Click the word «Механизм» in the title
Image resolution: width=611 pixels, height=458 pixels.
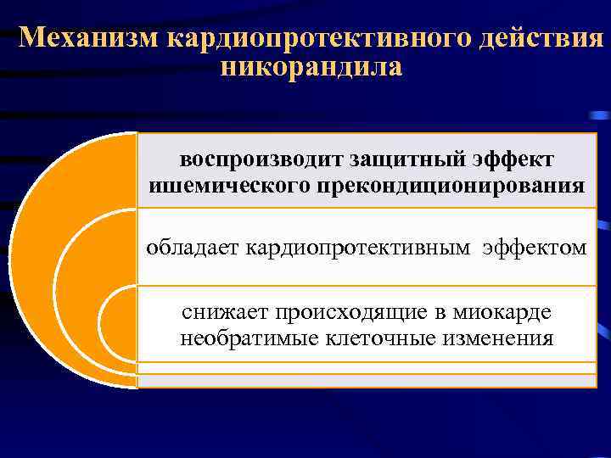tap(88, 38)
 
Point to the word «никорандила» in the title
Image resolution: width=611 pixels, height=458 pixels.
tap(311, 66)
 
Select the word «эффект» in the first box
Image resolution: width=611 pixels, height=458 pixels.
tap(513, 159)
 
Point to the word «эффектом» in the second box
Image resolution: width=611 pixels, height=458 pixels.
tap(535, 248)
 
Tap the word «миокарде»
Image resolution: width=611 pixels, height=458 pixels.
tap(506, 312)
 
